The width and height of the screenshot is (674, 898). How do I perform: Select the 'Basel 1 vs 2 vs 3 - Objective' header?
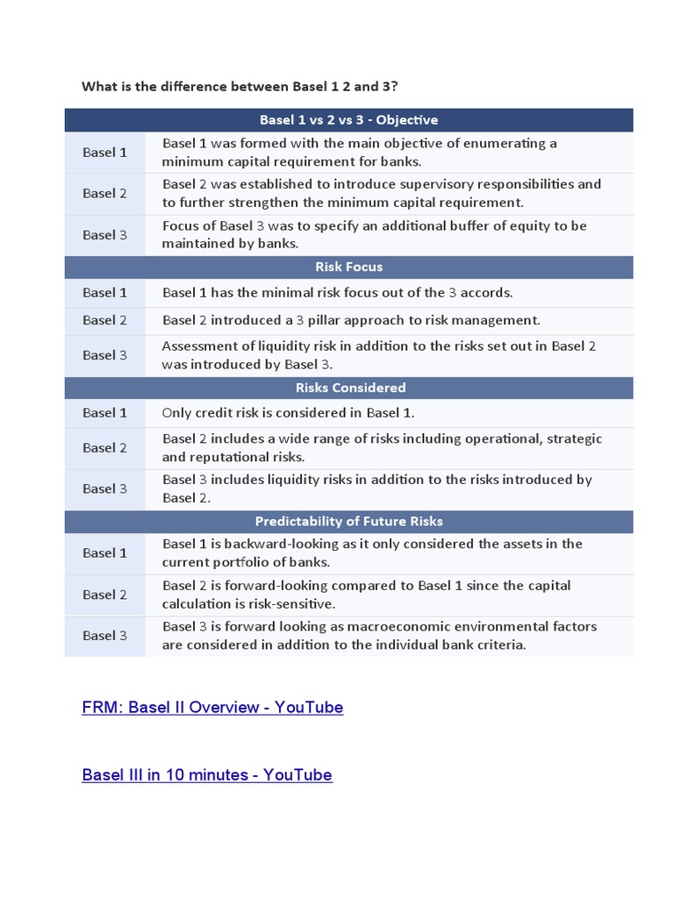[x=348, y=120]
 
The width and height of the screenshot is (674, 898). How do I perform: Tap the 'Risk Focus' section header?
[x=348, y=267]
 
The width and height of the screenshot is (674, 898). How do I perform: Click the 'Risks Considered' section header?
[x=348, y=388]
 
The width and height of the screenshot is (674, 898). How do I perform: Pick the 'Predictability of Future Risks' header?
[x=348, y=522]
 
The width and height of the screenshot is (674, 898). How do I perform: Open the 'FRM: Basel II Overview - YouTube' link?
[x=212, y=708]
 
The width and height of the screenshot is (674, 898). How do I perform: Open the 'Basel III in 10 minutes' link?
[x=207, y=775]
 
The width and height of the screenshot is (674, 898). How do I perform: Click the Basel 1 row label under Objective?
[x=104, y=153]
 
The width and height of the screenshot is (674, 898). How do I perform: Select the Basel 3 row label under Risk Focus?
[x=104, y=355]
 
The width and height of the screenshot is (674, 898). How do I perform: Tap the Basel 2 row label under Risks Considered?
[x=104, y=448]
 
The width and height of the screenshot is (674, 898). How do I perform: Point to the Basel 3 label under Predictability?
[x=104, y=636]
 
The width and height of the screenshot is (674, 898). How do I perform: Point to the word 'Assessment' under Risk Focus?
[x=197, y=346]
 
